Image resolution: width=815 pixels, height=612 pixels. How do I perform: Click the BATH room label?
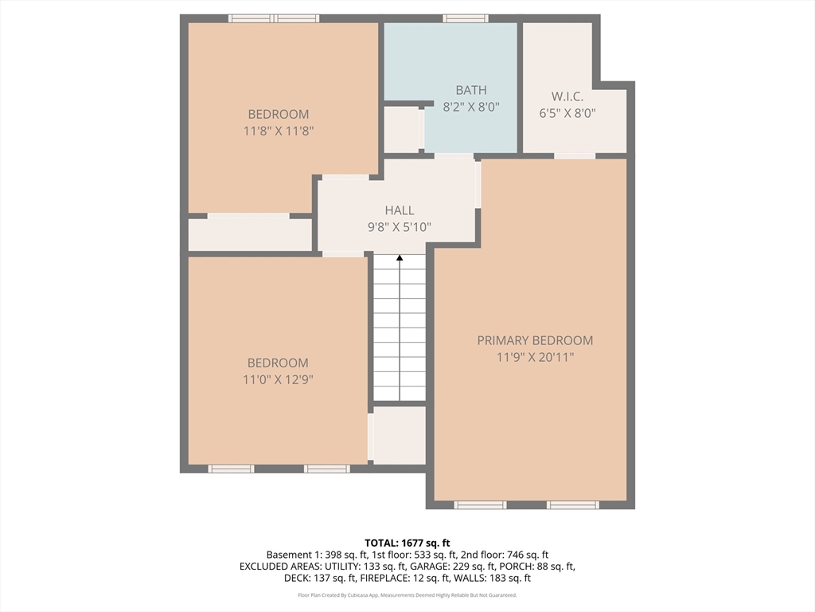[471, 90]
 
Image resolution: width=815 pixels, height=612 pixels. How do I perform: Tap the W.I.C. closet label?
[567, 96]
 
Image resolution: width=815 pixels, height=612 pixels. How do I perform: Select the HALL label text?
[400, 210]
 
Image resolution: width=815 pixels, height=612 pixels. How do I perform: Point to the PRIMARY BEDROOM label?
[535, 340]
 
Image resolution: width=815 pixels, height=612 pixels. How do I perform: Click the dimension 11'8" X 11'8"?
[279, 131]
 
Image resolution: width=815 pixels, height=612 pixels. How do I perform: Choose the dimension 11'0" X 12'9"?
[278, 379]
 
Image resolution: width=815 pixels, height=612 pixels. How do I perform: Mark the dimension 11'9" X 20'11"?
[535, 357]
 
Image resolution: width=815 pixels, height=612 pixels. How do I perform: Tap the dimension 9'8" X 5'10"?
[400, 227]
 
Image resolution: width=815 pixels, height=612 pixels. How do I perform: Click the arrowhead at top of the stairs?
[400, 257]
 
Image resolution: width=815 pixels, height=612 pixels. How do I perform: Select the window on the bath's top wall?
[466, 19]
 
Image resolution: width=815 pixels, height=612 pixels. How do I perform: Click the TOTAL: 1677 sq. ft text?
[407, 543]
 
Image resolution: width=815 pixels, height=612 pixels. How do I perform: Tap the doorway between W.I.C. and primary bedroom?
[575, 155]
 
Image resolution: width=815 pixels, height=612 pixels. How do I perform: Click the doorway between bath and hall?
[454, 155]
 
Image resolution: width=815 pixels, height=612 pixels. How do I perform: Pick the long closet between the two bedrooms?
[250, 235]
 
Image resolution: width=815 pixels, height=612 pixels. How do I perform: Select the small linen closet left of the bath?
[402, 130]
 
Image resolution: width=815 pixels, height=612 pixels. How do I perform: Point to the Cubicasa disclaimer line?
[407, 594]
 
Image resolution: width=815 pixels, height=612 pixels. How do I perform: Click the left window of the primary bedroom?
[480, 504]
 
